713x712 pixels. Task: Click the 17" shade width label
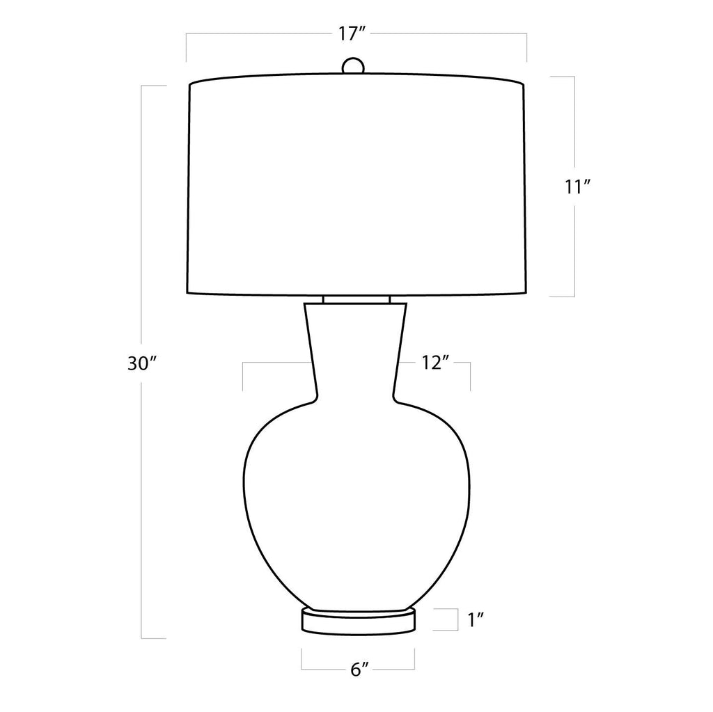[x=352, y=33]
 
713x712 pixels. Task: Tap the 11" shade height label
[x=577, y=187]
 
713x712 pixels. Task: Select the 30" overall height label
[x=142, y=363]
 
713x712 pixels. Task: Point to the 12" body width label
[x=435, y=363]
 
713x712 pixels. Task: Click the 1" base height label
[x=476, y=619]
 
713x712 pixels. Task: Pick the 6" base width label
[x=359, y=670]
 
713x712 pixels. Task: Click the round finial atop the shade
[x=353, y=65]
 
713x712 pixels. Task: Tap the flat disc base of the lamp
[x=359, y=621]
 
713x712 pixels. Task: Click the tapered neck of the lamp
[x=355, y=351]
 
